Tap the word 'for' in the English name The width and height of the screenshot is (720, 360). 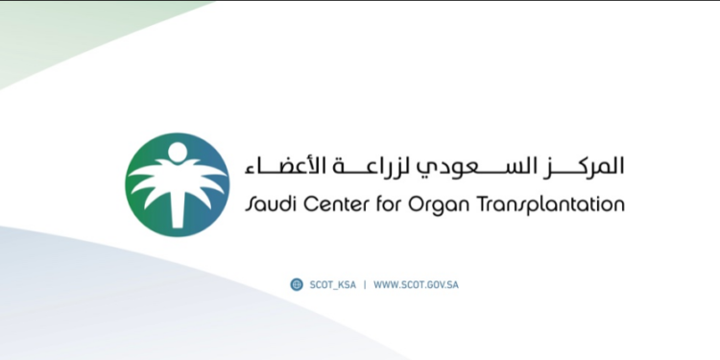tap(394, 204)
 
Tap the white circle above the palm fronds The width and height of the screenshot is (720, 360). tap(177, 152)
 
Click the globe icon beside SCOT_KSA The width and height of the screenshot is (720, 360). tap(297, 284)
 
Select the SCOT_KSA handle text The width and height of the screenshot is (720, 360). tap(331, 285)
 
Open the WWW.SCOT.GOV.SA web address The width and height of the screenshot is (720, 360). tap(417, 285)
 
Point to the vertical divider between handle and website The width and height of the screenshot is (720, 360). tap(364, 285)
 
